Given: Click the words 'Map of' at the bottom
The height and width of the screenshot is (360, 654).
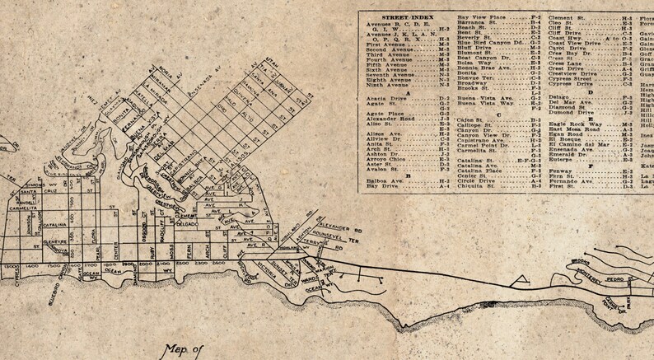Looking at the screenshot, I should point(183,348).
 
